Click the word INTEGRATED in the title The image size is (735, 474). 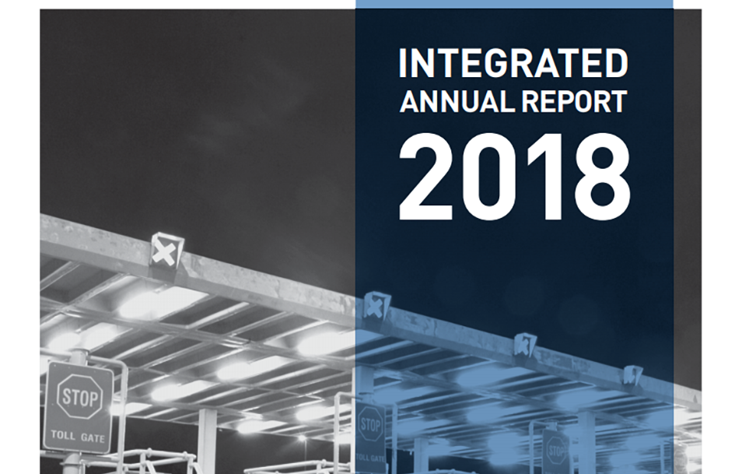point(513,63)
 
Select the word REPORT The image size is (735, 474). point(575,101)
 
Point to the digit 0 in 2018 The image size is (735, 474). point(488,177)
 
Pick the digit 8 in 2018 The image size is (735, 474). point(602,177)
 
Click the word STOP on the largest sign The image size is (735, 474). point(79,398)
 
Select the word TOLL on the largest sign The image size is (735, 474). point(63,435)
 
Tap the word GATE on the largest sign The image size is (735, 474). point(93,438)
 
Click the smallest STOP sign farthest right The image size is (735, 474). point(556,451)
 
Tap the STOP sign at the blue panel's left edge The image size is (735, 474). point(370,425)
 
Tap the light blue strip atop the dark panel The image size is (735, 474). point(514,4)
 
